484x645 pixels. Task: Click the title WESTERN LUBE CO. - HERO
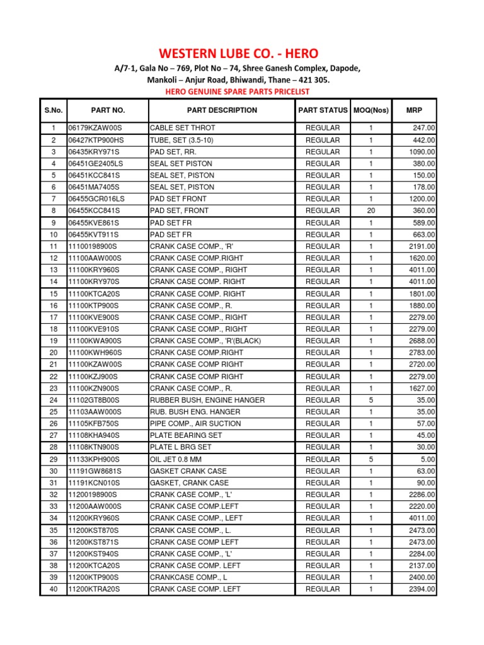242,54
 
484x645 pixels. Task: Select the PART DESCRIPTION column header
222,110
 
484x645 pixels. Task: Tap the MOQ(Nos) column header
371,110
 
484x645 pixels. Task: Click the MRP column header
414,110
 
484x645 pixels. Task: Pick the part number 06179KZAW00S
96,128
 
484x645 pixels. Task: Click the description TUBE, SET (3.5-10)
180,140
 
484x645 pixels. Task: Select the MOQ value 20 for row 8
371,210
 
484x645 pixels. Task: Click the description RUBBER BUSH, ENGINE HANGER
207,400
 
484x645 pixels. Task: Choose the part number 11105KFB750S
94,424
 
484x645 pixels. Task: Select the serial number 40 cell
54,589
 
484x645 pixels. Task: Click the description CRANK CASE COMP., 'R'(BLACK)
205,341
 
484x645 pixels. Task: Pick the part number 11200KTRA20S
94,589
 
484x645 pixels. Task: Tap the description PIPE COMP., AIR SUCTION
195,424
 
